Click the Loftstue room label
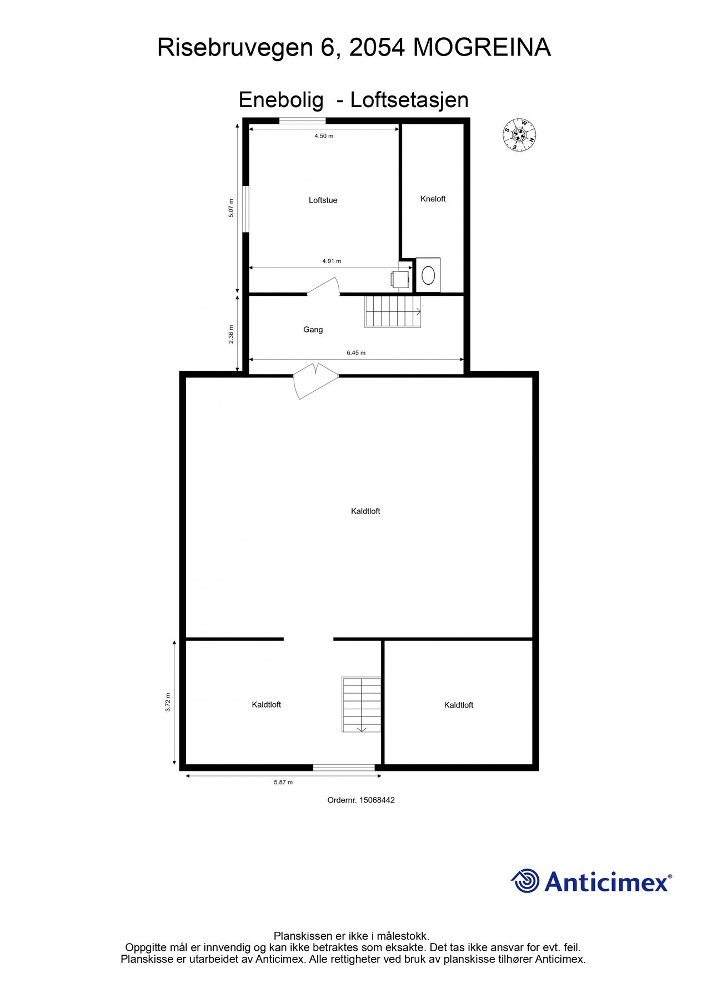pos(323,200)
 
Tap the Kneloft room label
pos(433,199)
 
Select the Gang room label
pos(313,329)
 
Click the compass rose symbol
pos(520,135)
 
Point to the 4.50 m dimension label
pos(324,135)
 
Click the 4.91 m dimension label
pos(332,261)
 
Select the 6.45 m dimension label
pos(356,352)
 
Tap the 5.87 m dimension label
pos(283,782)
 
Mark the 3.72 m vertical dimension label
pos(168,702)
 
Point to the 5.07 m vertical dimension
pos(231,208)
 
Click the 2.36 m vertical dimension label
pos(231,334)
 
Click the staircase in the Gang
pos(393,311)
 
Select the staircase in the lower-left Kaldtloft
pos(361,704)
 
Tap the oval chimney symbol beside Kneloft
pos(428,275)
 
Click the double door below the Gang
pos(315,380)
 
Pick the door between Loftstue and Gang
pos(324,286)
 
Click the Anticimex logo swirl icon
pos(525,881)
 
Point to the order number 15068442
pos(377,800)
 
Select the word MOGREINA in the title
pos(482,47)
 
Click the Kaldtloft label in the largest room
pos(365,511)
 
